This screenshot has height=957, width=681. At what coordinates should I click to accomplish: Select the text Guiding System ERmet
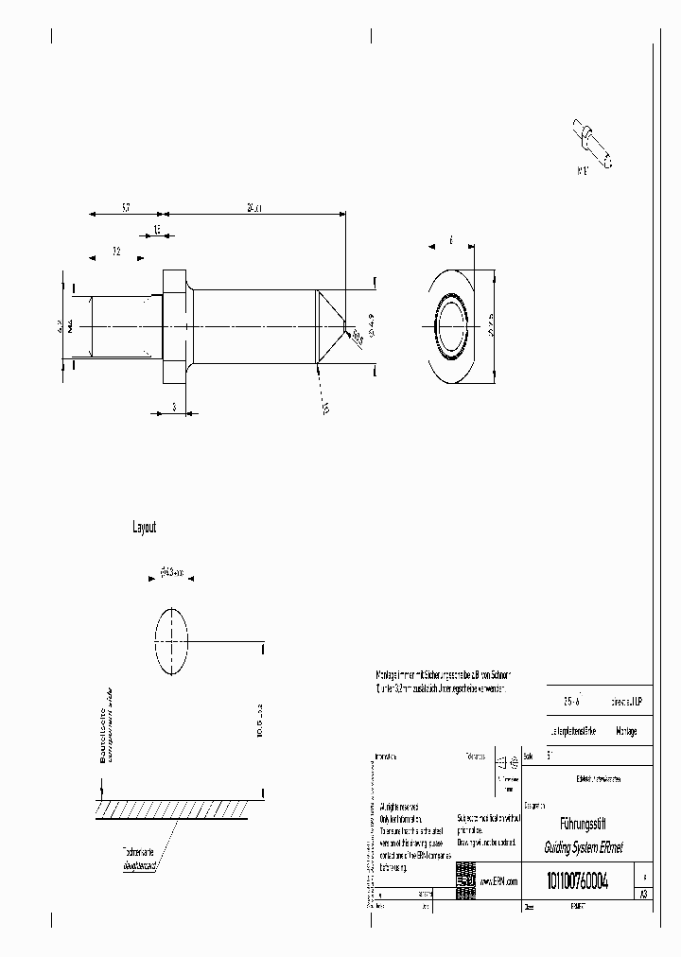(578, 848)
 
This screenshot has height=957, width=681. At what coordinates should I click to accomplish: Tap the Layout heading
(144, 528)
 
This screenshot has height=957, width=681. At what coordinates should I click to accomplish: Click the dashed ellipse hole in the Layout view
(171, 640)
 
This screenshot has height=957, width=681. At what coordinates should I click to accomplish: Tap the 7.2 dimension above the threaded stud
(115, 252)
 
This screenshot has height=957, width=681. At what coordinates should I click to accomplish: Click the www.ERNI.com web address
(500, 880)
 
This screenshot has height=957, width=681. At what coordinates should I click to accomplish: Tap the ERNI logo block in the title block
(465, 876)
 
